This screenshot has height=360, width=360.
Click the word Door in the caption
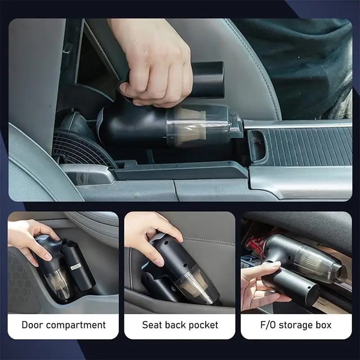[x=32, y=325]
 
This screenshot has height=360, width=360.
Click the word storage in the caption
[x=296, y=325]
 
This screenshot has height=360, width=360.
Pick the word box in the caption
[x=324, y=325]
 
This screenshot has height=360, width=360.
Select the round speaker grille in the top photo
[x=83, y=149]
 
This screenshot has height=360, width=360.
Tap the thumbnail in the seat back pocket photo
[x=159, y=261]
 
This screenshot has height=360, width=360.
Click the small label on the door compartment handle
[x=76, y=267]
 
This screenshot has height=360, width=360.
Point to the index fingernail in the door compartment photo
[x=48, y=256]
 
